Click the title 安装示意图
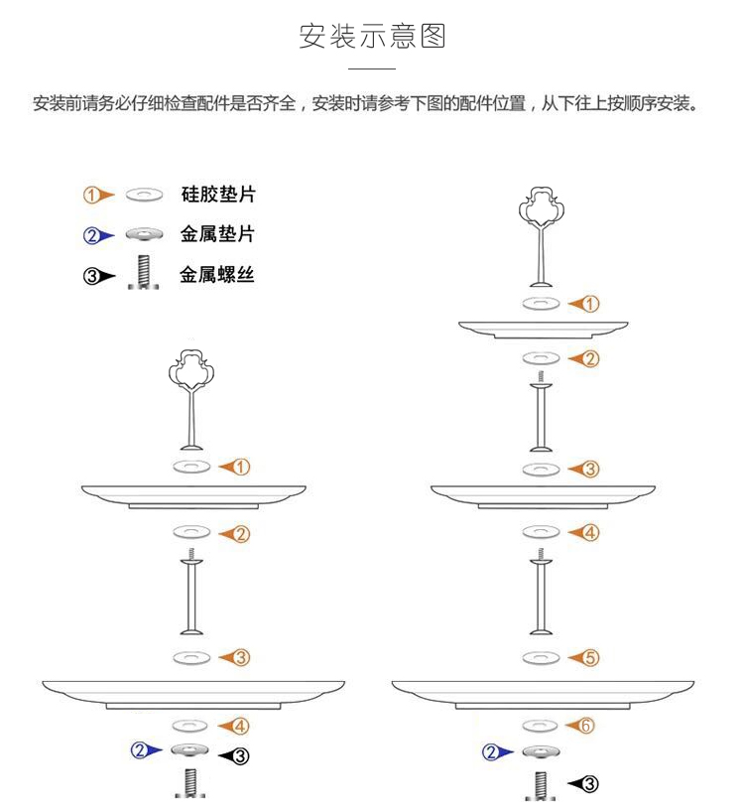point(372,36)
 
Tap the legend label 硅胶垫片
point(218,195)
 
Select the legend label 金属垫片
point(218,234)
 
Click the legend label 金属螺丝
point(217,274)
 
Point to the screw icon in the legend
point(143,272)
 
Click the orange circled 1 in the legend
point(91,196)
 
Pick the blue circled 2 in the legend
point(91,235)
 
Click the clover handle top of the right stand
point(542,207)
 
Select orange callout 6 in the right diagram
point(586,726)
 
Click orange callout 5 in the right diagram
point(591,658)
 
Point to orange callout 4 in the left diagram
point(241,726)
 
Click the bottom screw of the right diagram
point(541,785)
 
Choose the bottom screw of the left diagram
point(190,783)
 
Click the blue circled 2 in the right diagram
point(491,751)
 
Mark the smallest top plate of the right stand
point(544,330)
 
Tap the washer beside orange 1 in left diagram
point(191,467)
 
